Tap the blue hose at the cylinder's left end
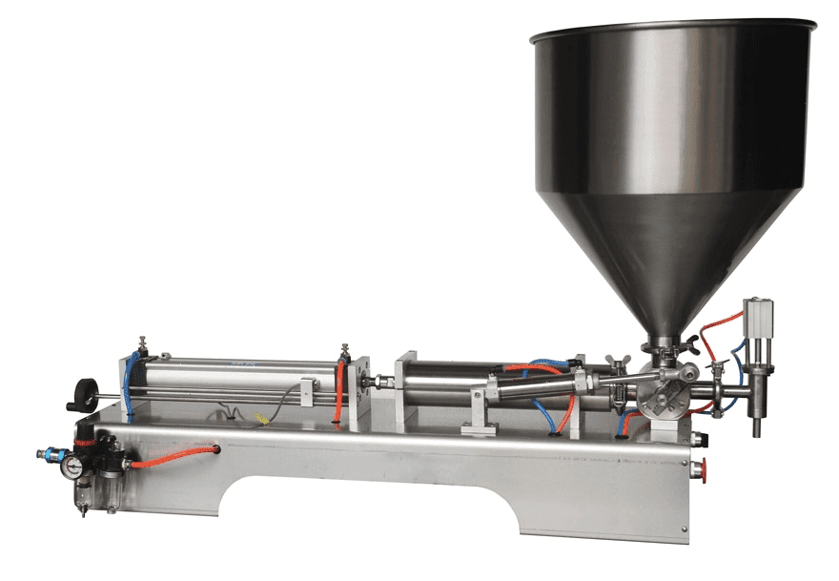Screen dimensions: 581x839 (127, 382)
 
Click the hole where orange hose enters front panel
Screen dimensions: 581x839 (217, 447)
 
